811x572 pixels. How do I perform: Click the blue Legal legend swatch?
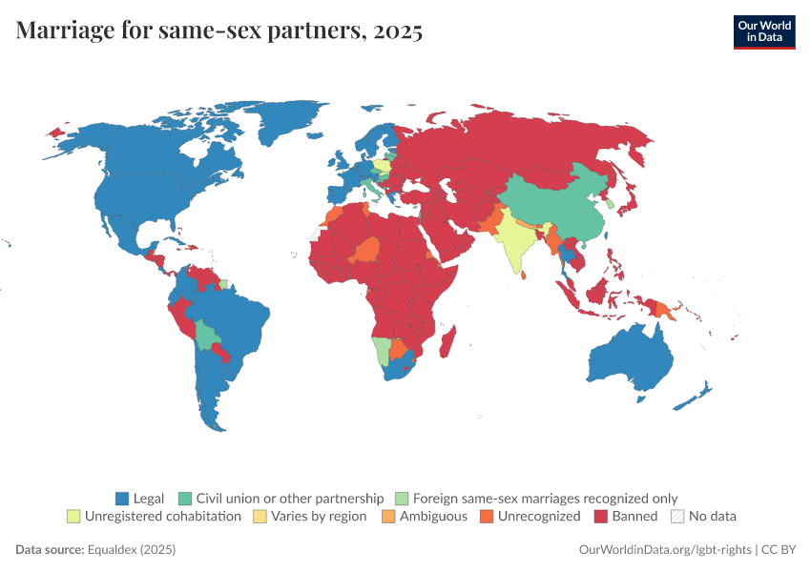(x=121, y=498)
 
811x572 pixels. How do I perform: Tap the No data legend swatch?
(x=677, y=516)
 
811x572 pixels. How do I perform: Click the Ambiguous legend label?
(x=434, y=516)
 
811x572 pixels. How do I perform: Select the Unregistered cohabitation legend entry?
(x=154, y=516)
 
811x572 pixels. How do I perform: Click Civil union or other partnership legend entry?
(x=281, y=498)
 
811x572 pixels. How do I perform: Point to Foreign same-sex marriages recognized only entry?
(x=536, y=498)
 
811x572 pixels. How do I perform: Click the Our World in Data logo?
(x=764, y=31)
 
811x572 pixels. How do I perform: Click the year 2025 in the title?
(x=399, y=31)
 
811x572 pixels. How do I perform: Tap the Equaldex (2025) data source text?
(x=132, y=550)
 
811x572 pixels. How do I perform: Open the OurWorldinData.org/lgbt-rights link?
(x=665, y=550)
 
